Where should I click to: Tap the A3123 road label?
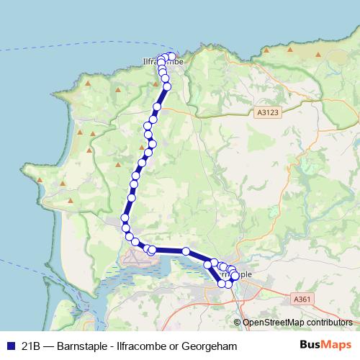[x=266, y=112]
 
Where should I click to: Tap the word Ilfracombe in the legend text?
[x=143, y=346]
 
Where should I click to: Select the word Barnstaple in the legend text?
[x=89, y=346]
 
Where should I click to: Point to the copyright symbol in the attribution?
[x=237, y=323]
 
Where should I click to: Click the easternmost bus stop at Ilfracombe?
[x=171, y=56]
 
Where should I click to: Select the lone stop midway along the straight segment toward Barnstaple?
[x=186, y=251]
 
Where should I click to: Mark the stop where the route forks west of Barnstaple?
[x=209, y=265]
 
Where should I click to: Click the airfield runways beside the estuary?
[x=137, y=257]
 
